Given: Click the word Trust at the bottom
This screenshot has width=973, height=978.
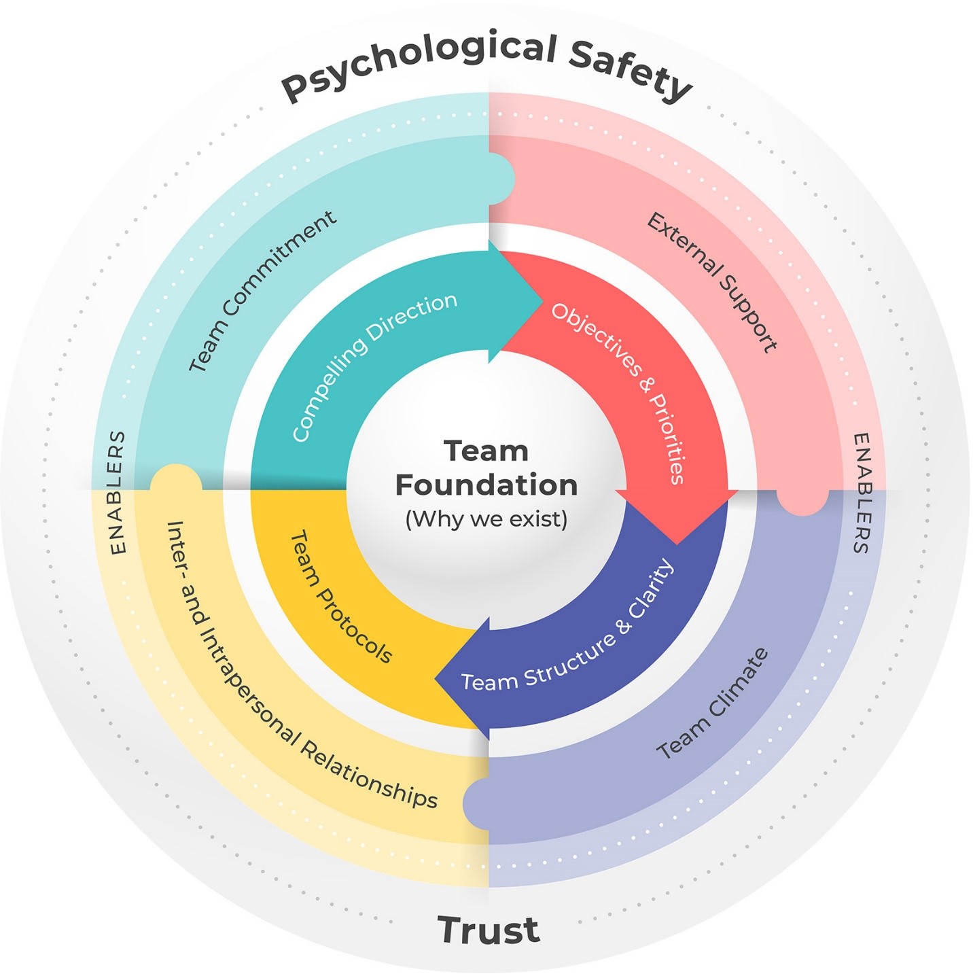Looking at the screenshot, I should pyautogui.click(x=489, y=930).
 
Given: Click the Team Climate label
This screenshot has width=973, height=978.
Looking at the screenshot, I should pyautogui.click(x=713, y=704).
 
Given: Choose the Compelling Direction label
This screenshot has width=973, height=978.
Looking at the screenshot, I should pyautogui.click(x=374, y=367).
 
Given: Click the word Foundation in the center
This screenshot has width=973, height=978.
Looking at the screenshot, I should pyautogui.click(x=486, y=485).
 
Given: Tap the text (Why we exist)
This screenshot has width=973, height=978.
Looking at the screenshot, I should pyautogui.click(x=486, y=519).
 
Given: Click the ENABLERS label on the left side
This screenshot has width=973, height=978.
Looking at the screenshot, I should pyautogui.click(x=118, y=492).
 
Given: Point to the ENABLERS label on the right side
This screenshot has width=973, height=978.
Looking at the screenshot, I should pyautogui.click(x=862, y=493).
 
